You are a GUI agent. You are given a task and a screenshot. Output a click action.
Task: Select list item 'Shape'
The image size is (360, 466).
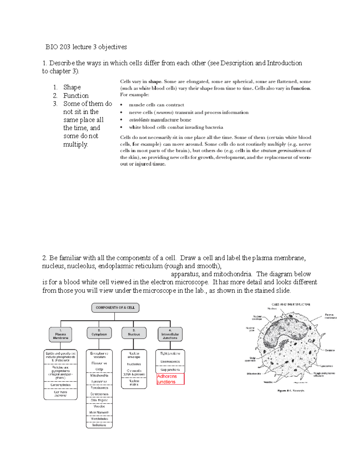[72, 87]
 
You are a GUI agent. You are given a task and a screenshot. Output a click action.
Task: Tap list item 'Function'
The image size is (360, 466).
[76, 96]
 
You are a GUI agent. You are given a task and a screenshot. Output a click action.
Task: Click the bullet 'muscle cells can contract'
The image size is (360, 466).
[156, 105]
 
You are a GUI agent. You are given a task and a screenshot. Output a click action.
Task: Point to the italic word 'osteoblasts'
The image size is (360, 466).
[139, 120]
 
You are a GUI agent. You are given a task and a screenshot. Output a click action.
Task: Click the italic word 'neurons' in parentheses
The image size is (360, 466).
[164, 113]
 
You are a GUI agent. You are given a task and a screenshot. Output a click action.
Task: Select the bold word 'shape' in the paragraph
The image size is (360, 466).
[155, 82]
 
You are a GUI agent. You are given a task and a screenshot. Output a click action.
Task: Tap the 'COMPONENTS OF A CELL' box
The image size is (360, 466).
[115, 308]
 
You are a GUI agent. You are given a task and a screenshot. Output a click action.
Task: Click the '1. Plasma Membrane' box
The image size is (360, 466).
[61, 335]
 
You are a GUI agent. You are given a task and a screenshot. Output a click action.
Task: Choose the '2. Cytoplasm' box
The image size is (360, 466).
[99, 333]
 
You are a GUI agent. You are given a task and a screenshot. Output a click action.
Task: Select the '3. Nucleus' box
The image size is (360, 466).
[134, 333]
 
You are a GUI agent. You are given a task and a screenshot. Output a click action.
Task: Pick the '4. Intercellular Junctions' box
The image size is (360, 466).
[170, 335]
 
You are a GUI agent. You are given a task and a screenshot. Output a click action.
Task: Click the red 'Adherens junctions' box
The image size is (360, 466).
[170, 379]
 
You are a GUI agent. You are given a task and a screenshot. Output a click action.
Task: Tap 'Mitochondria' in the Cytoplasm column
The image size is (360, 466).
[99, 375]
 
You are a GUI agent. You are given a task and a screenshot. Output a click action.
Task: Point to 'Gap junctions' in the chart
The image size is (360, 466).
[170, 370]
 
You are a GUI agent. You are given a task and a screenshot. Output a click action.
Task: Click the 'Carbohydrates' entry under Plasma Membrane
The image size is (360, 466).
[61, 385]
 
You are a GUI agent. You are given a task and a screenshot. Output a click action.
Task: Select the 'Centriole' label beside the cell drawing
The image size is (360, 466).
[330, 350]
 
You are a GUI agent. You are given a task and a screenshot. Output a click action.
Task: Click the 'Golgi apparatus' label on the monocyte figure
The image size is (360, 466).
[250, 359]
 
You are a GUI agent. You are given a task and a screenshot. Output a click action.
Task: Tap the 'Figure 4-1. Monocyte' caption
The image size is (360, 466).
[291, 391]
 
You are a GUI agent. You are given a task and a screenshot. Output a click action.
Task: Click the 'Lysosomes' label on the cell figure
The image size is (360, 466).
[326, 366]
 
